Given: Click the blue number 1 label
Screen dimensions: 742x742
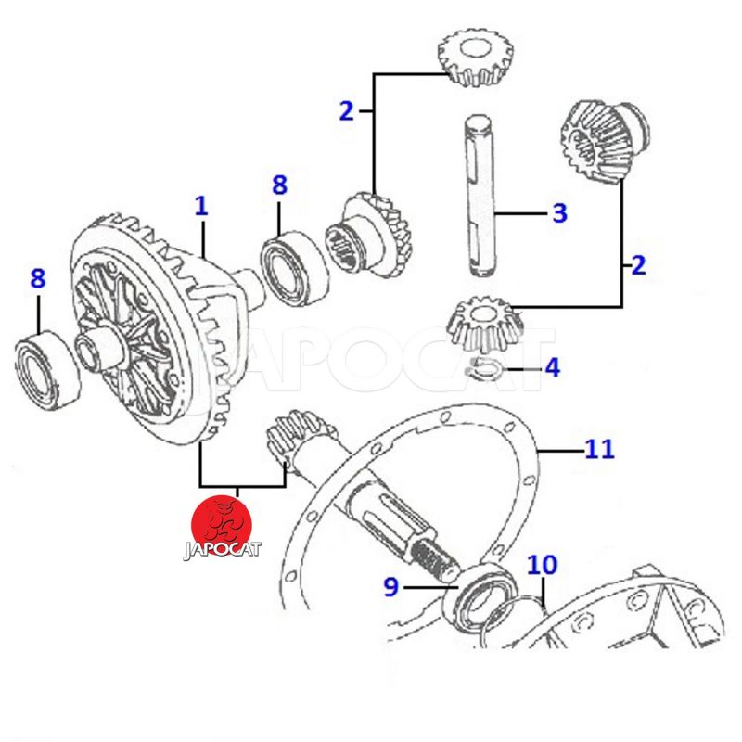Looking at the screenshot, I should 200,205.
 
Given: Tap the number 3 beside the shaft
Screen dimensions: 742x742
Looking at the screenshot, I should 558,212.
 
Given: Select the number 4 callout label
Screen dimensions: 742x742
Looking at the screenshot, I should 552,367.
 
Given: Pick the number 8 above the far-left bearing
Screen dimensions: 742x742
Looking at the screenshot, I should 37,277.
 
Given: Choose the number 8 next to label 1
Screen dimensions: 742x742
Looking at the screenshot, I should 279,185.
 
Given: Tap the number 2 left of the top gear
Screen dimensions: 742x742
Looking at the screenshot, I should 346,111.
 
